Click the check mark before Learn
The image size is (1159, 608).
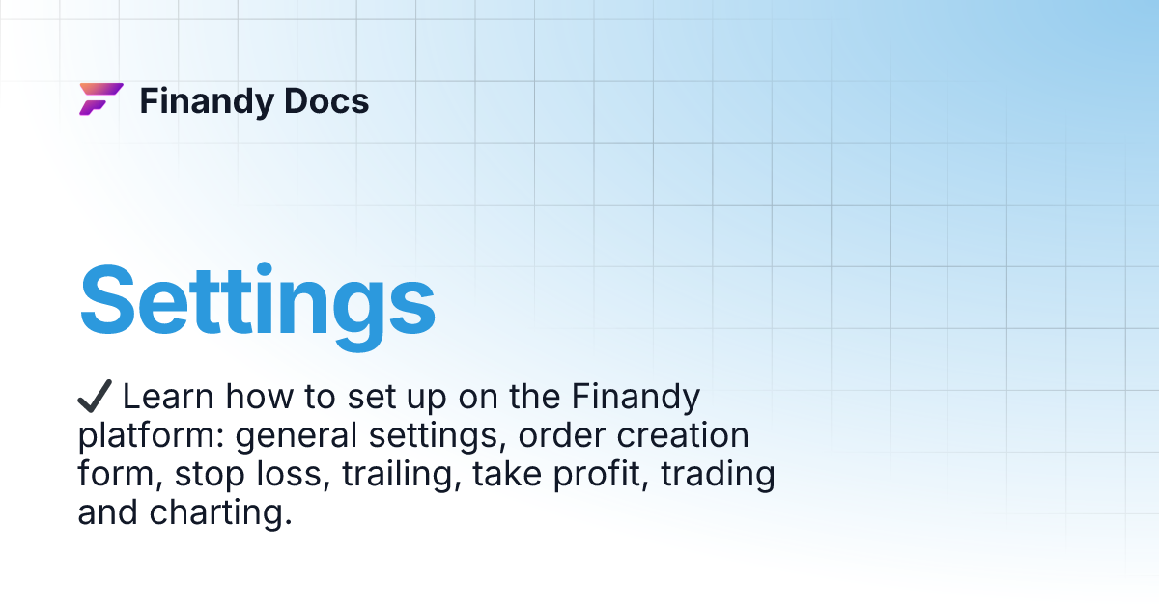click(95, 396)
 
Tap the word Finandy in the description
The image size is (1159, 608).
click(636, 397)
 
